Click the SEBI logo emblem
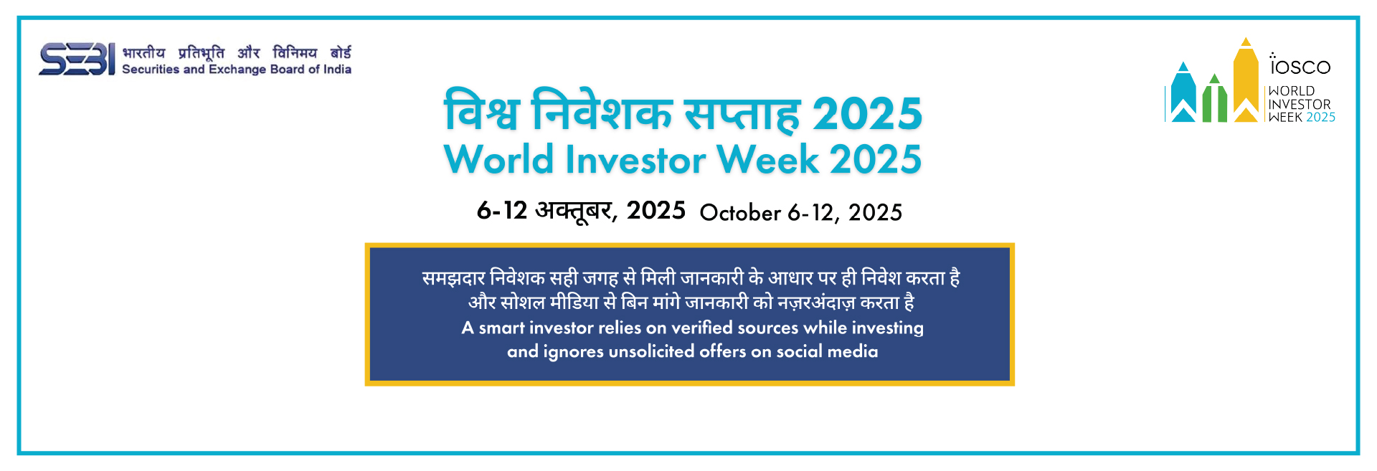coord(77,60)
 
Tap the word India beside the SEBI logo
coord(337,69)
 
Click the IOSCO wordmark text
coord(1300,65)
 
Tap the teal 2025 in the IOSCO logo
coord(1320,118)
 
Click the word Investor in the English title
coord(635,158)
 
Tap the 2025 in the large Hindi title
coord(867,113)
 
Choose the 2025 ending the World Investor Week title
coord(876,158)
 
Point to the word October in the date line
coord(740,212)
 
